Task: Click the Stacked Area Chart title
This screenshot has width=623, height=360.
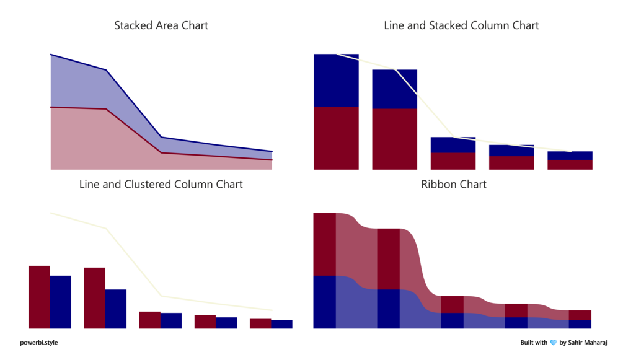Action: pyautogui.click(x=161, y=25)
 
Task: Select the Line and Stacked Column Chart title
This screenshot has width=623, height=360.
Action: pyautogui.click(x=461, y=25)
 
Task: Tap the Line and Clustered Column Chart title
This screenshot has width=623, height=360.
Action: pyautogui.click(x=161, y=184)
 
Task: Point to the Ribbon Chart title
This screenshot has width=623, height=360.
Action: pyautogui.click(x=454, y=184)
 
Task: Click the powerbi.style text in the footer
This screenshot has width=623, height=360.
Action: pyautogui.click(x=39, y=342)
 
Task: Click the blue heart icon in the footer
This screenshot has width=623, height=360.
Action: pyautogui.click(x=554, y=343)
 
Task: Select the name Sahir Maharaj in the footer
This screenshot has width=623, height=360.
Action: pyautogui.click(x=586, y=342)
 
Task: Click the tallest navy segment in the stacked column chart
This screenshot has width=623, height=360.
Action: pyautogui.click(x=336, y=81)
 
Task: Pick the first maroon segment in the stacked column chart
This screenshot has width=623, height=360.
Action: pyautogui.click(x=336, y=138)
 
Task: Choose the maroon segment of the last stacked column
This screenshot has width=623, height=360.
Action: pyautogui.click(x=570, y=165)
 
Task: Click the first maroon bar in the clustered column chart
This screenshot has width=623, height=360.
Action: pyautogui.click(x=39, y=297)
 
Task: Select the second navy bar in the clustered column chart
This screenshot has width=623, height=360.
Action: pyautogui.click(x=116, y=309)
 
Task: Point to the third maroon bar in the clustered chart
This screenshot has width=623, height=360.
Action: pyautogui.click(x=149, y=320)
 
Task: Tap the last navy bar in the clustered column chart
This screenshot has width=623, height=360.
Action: pyautogui.click(x=281, y=324)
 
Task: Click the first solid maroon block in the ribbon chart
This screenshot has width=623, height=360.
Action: pyautogui.click(x=325, y=244)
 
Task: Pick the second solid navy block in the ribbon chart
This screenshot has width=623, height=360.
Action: pyautogui.click(x=388, y=309)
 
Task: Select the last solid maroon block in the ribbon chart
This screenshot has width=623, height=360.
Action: pyautogui.click(x=580, y=315)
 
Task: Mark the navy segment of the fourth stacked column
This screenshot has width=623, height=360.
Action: pyautogui.click(x=511, y=151)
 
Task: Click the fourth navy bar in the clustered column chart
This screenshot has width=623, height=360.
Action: pyautogui.click(x=226, y=323)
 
